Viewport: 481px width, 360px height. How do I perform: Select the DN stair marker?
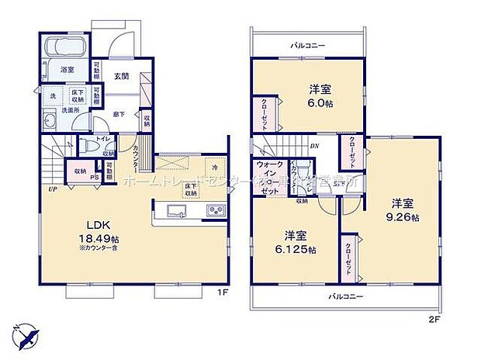tap(314, 146)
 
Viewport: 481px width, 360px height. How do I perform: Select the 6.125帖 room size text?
tap(299, 249)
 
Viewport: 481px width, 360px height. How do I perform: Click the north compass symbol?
tap(26, 336)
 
